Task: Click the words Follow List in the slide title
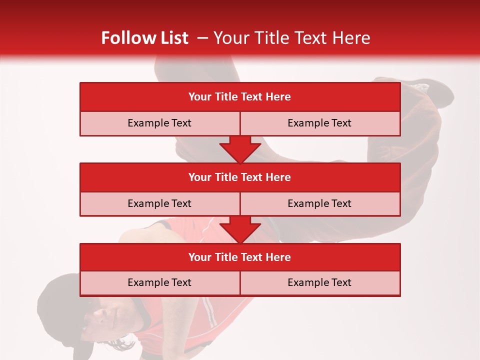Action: (x=144, y=38)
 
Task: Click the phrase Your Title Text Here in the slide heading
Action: (x=291, y=38)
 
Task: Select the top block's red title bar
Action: (x=240, y=97)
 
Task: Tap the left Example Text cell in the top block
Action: (x=159, y=123)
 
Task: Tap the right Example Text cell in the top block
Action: (x=319, y=123)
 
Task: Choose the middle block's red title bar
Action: (x=240, y=177)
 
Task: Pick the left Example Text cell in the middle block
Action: (x=159, y=203)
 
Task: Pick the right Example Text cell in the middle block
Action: (x=319, y=203)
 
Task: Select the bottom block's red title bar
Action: (x=240, y=257)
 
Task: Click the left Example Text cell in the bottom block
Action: (x=159, y=282)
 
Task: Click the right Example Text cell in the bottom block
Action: (x=319, y=282)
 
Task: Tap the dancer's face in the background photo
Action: (x=107, y=317)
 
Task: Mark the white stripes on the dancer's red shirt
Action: (x=212, y=315)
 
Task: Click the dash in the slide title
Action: (x=202, y=38)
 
